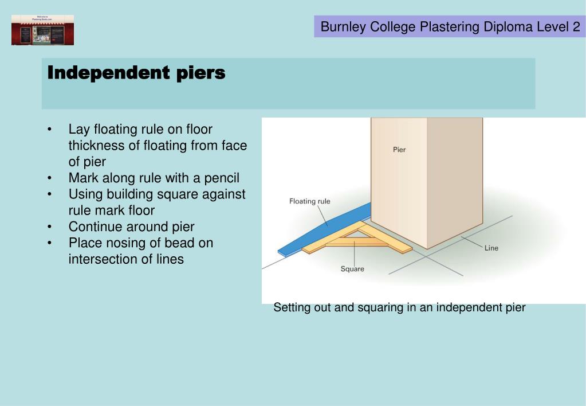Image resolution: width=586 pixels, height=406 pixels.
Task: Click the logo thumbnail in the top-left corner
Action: (42, 30)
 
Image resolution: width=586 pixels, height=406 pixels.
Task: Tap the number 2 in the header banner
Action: (576, 27)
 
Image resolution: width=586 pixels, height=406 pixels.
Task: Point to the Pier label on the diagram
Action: (399, 150)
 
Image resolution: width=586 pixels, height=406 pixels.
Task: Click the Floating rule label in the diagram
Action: (309, 201)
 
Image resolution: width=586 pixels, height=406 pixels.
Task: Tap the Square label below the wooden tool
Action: (352, 268)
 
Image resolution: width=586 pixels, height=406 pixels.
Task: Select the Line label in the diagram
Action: (491, 248)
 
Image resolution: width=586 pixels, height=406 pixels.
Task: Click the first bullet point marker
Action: (52, 129)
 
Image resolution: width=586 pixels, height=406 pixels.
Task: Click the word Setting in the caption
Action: (292, 307)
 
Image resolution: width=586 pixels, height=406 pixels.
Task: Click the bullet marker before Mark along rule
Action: (52, 178)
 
